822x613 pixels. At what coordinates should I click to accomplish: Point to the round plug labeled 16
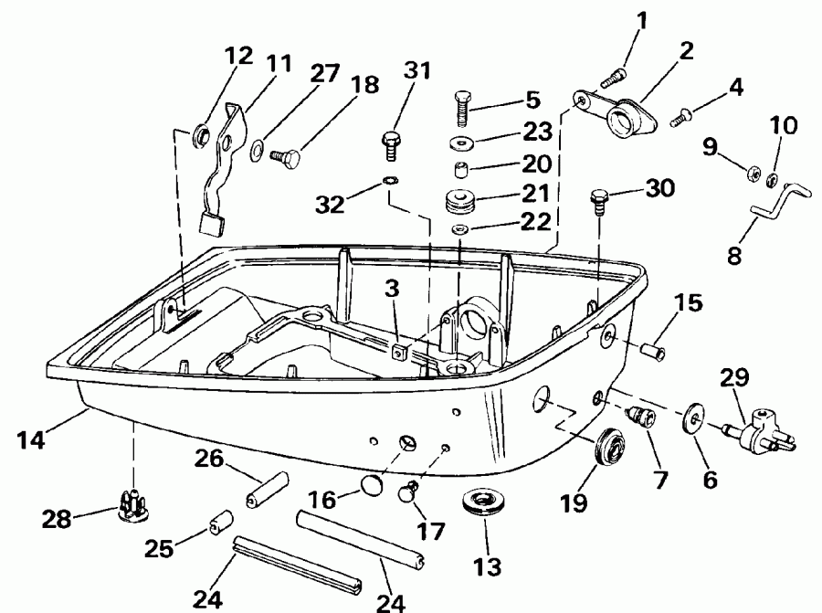372,483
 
